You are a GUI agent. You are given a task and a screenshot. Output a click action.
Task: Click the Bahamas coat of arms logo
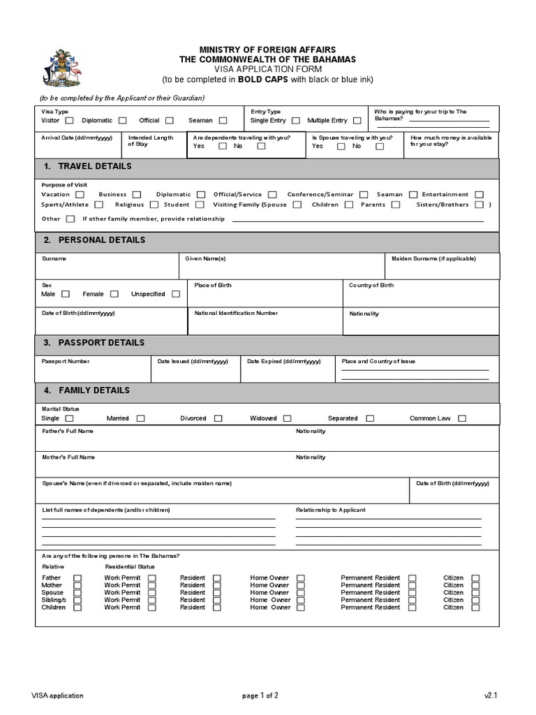[x=61, y=68]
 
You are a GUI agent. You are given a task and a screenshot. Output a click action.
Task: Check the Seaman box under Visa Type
[x=223, y=121]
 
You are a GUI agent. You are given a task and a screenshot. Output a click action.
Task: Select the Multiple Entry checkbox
[x=357, y=121]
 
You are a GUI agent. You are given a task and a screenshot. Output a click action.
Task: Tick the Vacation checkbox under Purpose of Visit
[x=80, y=195]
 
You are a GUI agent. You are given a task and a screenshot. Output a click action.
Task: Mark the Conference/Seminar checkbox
[x=364, y=195]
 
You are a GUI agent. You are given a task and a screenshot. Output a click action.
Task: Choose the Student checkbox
[x=200, y=205]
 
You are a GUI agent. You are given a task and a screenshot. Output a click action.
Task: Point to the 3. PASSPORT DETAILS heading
[x=94, y=343]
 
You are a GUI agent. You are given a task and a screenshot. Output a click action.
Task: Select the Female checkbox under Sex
[x=114, y=295]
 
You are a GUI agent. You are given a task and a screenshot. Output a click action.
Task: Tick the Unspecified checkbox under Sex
[x=175, y=295]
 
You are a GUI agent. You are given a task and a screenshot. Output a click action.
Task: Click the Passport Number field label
[x=66, y=362]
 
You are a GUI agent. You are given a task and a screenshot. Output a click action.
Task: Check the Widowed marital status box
[x=287, y=419]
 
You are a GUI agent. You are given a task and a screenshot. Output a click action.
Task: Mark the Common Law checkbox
[x=461, y=419]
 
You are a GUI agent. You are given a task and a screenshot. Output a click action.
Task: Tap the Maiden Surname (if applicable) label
[x=433, y=258]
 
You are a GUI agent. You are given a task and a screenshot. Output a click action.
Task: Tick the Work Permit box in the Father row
[x=151, y=578]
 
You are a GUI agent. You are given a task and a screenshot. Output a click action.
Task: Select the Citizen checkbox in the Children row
[x=475, y=607]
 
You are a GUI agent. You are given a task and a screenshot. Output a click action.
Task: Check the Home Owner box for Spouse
[x=301, y=593]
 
